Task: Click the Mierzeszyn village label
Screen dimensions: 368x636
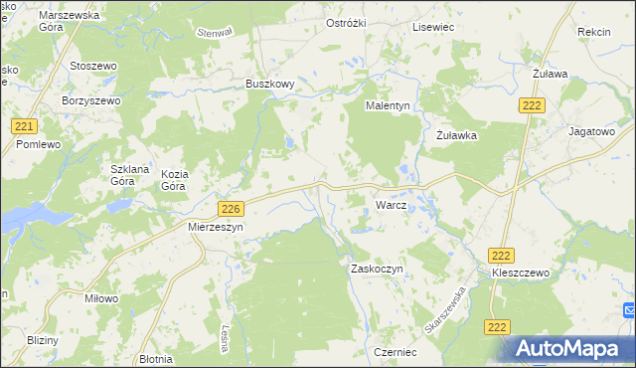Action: (x=216, y=227)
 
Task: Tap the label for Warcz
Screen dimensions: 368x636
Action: (x=391, y=205)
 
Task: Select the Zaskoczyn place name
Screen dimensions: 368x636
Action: (x=376, y=269)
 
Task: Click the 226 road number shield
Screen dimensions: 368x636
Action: (x=231, y=208)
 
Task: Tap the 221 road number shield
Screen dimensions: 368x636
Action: (x=26, y=126)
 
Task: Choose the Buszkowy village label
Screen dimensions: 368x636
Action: (x=270, y=85)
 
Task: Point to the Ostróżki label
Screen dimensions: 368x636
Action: (x=349, y=23)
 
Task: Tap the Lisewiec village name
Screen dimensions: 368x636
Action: (x=433, y=27)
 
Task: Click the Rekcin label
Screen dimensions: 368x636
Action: (x=593, y=32)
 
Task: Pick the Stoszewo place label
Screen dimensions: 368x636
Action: (x=94, y=66)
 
